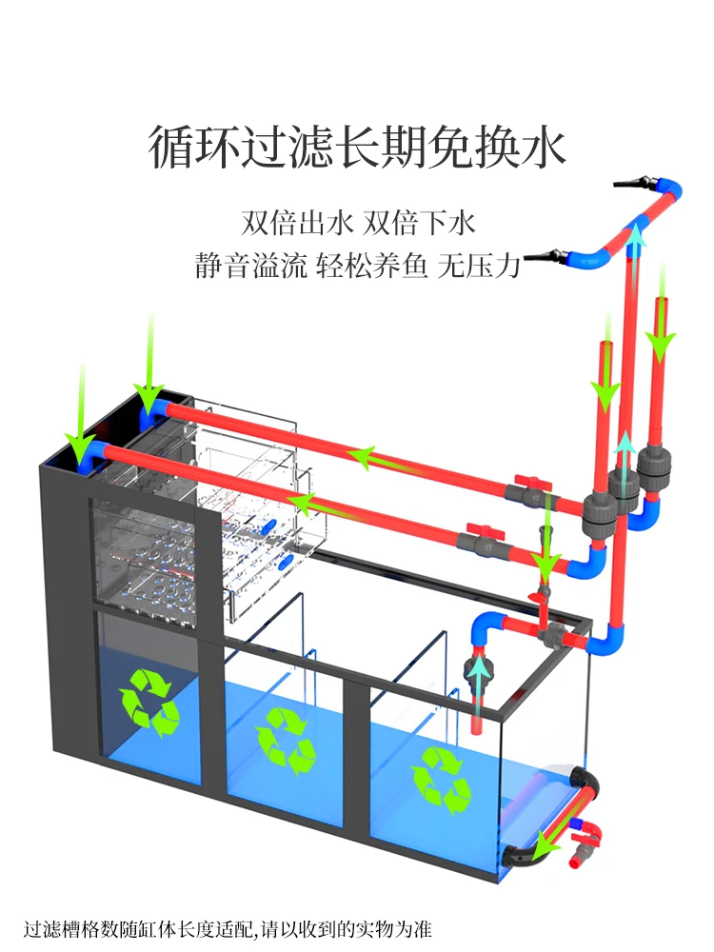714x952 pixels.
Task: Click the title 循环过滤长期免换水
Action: point(357,149)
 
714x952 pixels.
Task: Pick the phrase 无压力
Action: point(478,266)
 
